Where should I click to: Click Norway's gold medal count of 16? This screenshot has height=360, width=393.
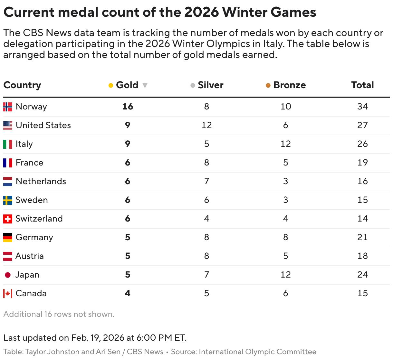pos(128,107)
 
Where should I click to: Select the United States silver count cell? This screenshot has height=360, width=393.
pos(206,125)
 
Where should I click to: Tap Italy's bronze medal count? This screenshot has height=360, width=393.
pos(285,144)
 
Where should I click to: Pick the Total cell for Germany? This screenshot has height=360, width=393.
pos(362,237)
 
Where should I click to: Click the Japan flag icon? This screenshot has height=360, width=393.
pos(8,275)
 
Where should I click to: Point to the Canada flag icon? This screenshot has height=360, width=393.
pos(8,294)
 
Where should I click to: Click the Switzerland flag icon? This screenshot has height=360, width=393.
pos(8,219)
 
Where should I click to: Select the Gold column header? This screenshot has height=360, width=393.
pos(127,85)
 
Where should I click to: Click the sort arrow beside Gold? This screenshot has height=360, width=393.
pos(145,85)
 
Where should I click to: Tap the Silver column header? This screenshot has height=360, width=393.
pos(210,85)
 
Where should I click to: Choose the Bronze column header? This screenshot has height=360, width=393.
pos(289,85)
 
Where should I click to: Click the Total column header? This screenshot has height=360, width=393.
pos(362,85)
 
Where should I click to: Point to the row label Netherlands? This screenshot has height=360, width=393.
pos(41,181)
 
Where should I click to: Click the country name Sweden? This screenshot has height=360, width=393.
pos(32,200)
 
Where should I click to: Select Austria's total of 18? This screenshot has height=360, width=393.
pos(362,256)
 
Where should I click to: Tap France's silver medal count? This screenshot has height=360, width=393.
pos(206,163)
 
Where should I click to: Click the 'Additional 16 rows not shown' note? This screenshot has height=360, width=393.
pos(59,314)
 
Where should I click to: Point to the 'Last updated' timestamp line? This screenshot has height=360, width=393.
pos(95,338)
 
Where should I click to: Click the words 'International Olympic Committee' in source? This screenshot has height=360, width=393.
pos(257,352)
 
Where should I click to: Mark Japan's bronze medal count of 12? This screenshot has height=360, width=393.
pos(285,275)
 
